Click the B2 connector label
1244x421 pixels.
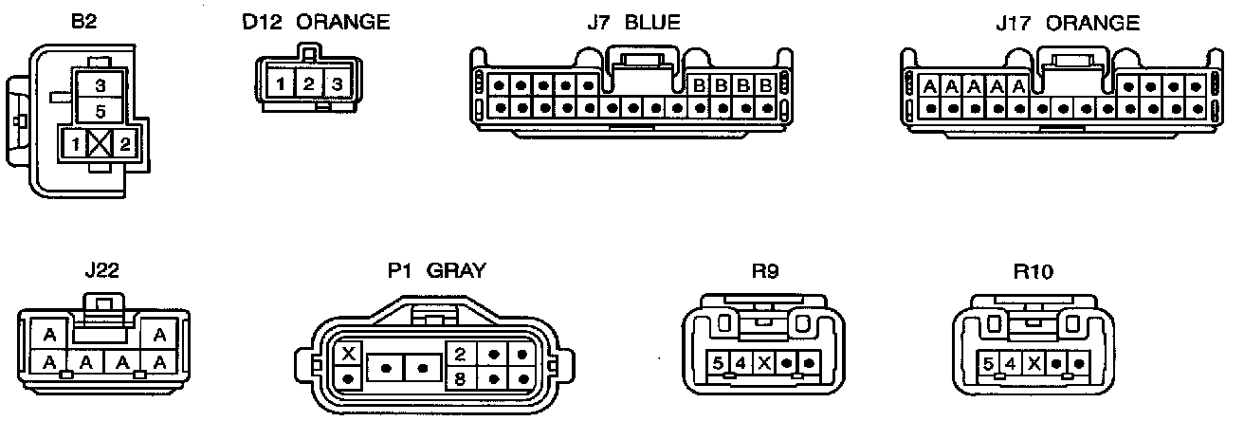86,22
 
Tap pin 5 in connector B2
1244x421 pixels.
100,112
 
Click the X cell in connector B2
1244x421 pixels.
100,145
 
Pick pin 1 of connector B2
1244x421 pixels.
74,145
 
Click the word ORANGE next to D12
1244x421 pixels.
342,22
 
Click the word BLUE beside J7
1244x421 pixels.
652,22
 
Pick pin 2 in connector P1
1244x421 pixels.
459,355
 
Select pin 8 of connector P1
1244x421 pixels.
459,378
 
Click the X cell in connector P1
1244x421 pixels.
349,355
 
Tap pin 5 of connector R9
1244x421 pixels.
719,363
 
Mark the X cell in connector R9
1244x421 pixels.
763,363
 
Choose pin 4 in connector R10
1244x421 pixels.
1011,363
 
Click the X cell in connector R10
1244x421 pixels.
1034,363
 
